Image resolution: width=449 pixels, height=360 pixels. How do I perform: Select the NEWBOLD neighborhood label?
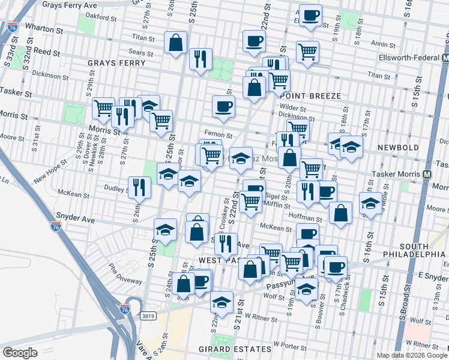(394, 147)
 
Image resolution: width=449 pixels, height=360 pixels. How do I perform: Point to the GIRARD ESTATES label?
(236, 349)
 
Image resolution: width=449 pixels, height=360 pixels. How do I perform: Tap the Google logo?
(20, 353)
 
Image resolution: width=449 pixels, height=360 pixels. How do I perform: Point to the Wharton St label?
(44, 29)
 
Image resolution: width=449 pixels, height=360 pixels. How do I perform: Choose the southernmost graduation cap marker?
(222, 302)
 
